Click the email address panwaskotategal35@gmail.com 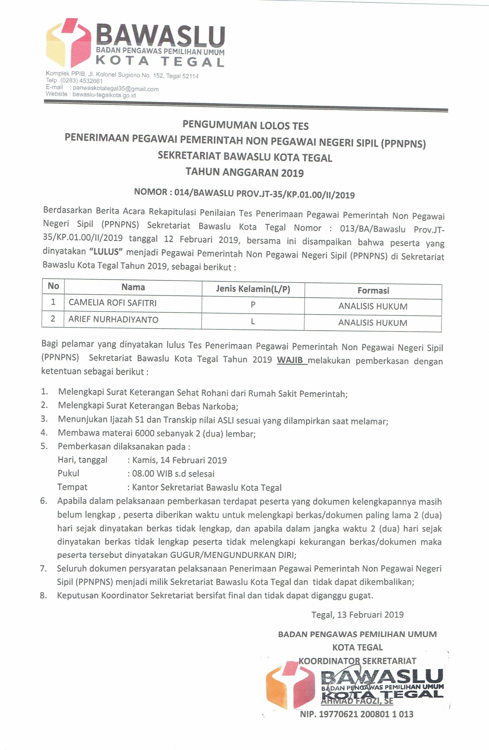pos(115,89)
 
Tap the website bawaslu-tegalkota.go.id pos(104,95)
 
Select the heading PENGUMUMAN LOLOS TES pos(245,125)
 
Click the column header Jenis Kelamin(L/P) pos(253,289)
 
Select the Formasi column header pos(373,291)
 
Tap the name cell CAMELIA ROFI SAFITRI pos(113,303)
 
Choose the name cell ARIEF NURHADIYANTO pos(113,320)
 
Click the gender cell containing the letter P pos(253,305)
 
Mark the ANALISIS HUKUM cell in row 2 pos(373,323)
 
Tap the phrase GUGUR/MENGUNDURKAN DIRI pos(233,555)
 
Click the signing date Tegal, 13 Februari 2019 pos(357,615)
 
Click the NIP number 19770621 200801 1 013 pos(366,714)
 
